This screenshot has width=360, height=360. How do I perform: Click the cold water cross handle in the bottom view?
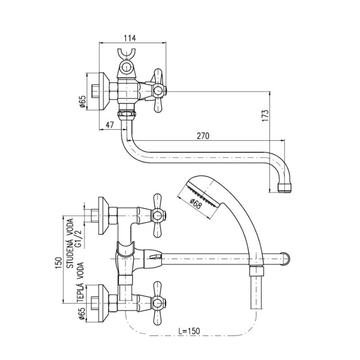click(x=156, y=216)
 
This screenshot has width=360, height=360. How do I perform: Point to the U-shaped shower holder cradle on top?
click(x=127, y=56)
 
